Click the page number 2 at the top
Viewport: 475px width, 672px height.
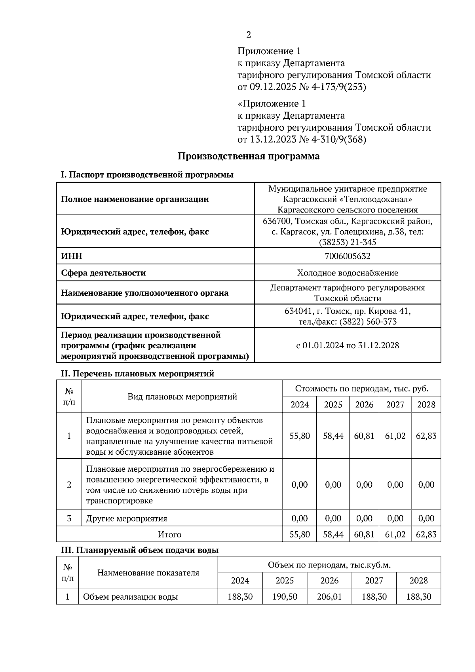(249, 35)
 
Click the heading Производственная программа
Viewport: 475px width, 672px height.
(248, 156)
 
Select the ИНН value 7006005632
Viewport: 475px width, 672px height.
(347, 256)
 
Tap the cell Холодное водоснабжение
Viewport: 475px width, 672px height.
(347, 273)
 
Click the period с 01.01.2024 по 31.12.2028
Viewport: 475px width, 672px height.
(347, 345)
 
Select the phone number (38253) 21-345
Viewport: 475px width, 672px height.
(347, 242)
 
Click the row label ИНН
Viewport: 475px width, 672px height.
(72, 256)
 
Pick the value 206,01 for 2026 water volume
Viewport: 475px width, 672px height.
(329, 596)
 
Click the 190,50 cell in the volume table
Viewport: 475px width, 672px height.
(285, 596)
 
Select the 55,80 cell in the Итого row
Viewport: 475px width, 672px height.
(300, 534)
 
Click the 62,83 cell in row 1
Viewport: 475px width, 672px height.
(426, 436)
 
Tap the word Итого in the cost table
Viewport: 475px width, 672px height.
(169, 534)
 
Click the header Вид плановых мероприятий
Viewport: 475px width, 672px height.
(182, 397)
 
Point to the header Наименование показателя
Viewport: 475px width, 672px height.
(148, 573)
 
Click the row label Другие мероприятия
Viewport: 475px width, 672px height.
(127, 518)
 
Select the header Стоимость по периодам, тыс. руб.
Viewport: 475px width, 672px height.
(361, 388)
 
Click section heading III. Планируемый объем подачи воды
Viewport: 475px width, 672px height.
(139, 550)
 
